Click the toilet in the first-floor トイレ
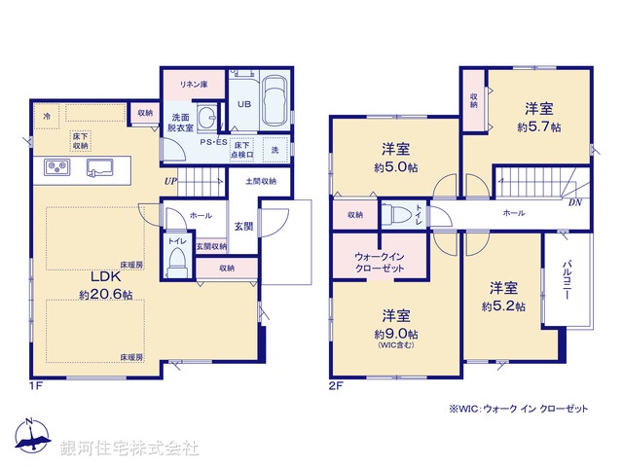pyautogui.click(x=176, y=260)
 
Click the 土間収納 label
pyautogui.click(x=261, y=181)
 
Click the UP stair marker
pyautogui.click(x=170, y=180)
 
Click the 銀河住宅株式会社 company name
pyautogui.click(x=129, y=449)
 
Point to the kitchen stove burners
pyautogui.click(x=56, y=168)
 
